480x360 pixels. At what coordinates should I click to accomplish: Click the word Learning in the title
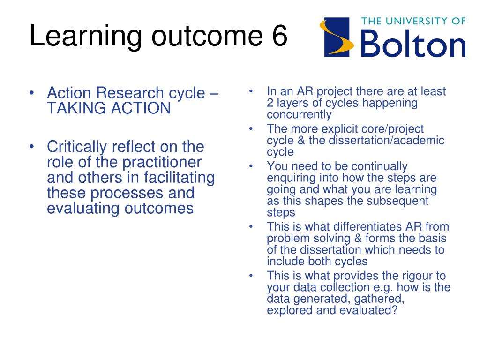click(x=86, y=36)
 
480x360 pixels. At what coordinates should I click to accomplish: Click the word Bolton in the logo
click(x=413, y=44)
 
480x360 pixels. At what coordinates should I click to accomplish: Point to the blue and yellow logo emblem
click(x=337, y=37)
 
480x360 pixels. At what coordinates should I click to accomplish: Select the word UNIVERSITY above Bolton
click(x=416, y=21)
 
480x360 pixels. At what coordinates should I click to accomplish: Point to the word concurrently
click(x=299, y=115)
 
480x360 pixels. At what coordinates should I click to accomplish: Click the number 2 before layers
click(x=270, y=103)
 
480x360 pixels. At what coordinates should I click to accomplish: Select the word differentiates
click(x=367, y=227)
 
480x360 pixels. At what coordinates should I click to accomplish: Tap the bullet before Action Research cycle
click(x=32, y=93)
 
